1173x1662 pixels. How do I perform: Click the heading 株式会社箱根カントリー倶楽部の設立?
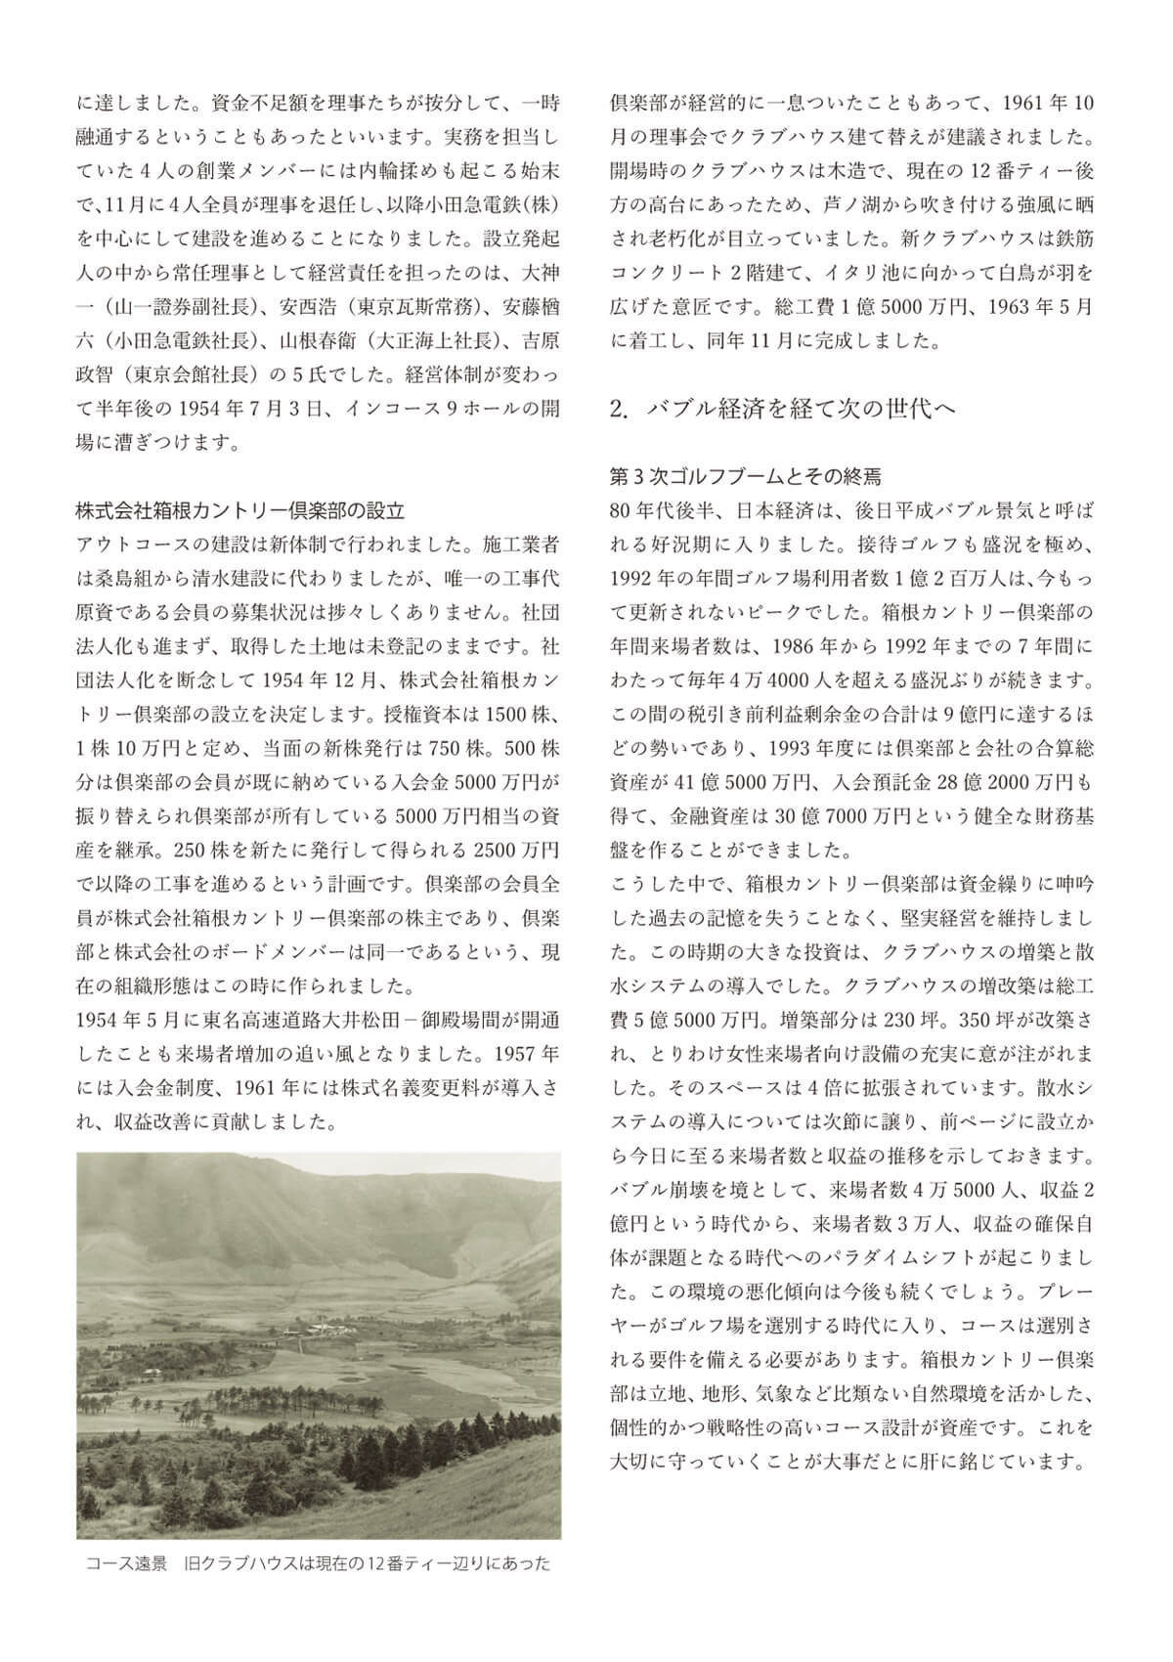point(240,510)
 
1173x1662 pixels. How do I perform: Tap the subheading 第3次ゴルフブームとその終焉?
point(745,477)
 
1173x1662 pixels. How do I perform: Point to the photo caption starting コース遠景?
point(318,1563)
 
